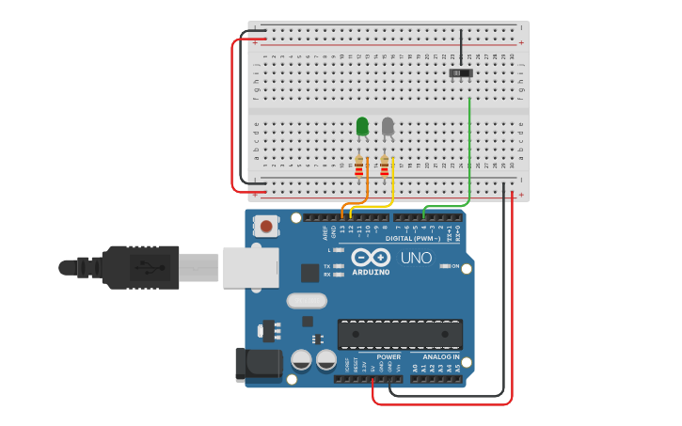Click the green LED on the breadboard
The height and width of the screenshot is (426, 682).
362,126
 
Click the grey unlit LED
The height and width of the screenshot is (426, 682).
388,126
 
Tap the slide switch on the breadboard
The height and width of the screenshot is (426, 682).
461,72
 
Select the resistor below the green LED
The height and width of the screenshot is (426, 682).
359,166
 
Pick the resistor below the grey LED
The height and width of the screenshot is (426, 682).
384,166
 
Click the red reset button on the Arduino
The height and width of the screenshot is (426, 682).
268,226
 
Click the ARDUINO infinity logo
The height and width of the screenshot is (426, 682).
371,257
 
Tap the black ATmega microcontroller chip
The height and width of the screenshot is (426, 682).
400,333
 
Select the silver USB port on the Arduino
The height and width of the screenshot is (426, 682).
250,268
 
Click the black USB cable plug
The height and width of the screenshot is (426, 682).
141,267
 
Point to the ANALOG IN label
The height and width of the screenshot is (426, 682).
440,356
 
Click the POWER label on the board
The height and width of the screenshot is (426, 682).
389,356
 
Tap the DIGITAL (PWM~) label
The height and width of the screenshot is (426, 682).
413,239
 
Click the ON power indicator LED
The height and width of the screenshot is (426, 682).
444,266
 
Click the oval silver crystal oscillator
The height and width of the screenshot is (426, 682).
307,301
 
